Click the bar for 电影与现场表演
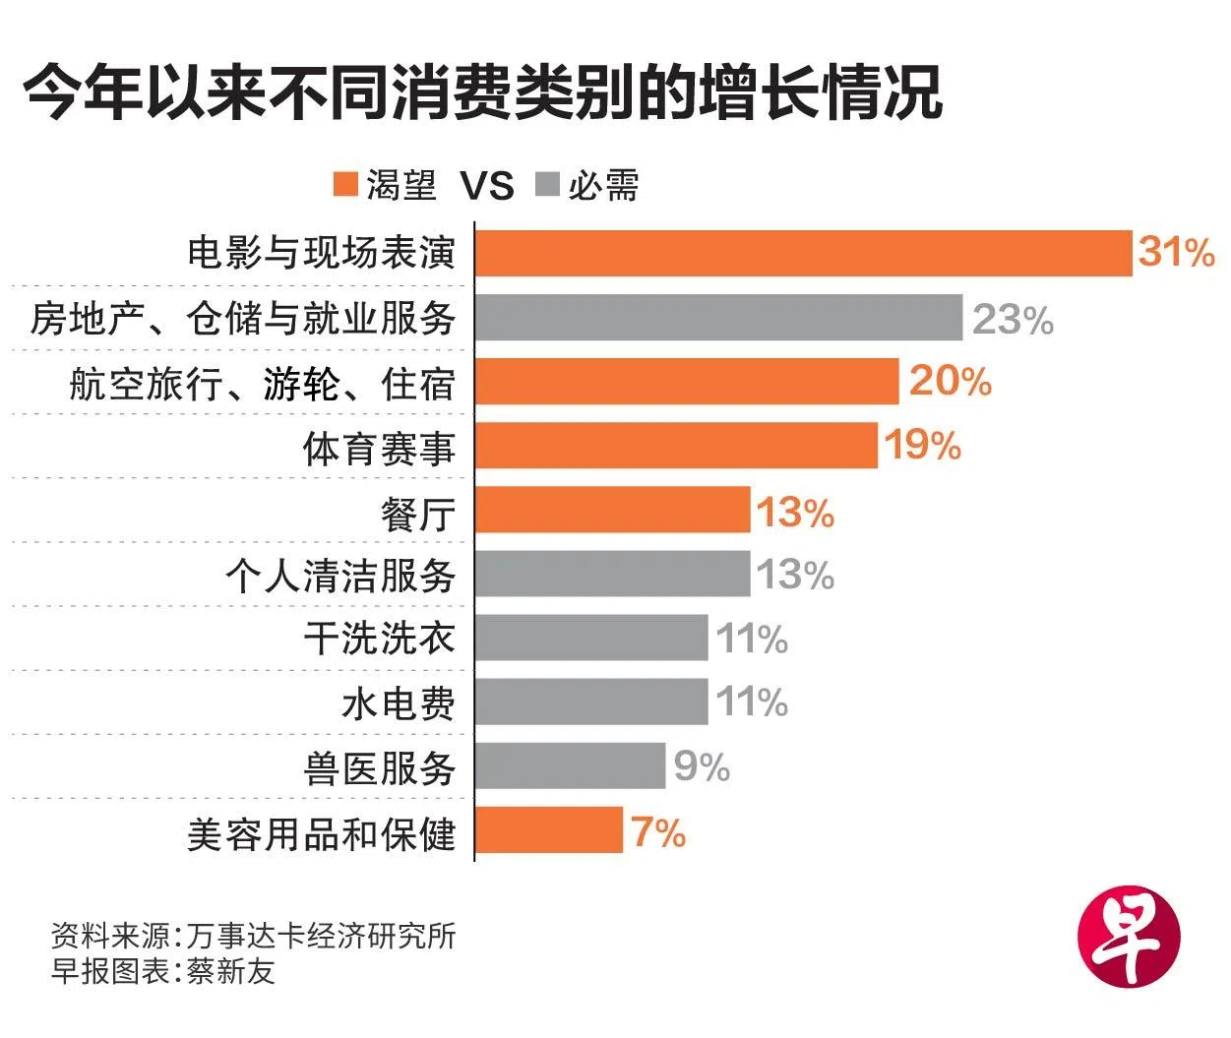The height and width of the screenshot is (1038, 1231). pyautogui.click(x=803, y=253)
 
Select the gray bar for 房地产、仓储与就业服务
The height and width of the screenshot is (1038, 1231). pyautogui.click(x=718, y=318)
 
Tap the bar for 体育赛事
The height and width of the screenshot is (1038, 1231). pyautogui.click(x=676, y=446)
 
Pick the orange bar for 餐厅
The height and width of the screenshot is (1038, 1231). pyautogui.click(x=612, y=510)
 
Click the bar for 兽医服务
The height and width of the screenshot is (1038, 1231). pyautogui.click(x=570, y=765)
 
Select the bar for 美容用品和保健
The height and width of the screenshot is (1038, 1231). pyautogui.click(x=549, y=829)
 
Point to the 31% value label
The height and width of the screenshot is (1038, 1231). pyautogui.click(x=1177, y=253)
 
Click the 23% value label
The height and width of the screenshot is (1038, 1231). pyautogui.click(x=1013, y=320)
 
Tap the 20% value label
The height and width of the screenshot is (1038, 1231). pyautogui.click(x=950, y=381)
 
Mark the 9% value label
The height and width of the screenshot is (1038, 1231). pyautogui.click(x=702, y=766)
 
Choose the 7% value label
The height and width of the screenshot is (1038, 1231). pyautogui.click(x=658, y=832)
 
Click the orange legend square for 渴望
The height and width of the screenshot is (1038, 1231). pyautogui.click(x=345, y=185)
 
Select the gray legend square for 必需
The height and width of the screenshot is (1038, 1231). pyautogui.click(x=548, y=185)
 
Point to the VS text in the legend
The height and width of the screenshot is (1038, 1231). pyautogui.click(x=487, y=186)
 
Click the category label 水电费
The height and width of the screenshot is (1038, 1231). pyautogui.click(x=398, y=703)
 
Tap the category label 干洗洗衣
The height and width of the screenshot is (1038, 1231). pyautogui.click(x=379, y=639)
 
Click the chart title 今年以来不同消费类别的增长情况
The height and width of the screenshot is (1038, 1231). pyautogui.click(x=482, y=94)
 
